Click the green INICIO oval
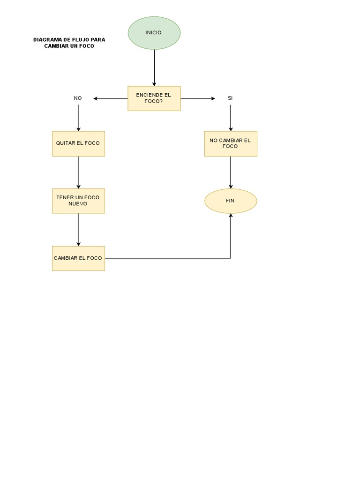click(154, 33)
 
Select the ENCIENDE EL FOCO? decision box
click(154, 98)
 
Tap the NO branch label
click(78, 98)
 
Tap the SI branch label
click(230, 98)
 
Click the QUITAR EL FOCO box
click(78, 143)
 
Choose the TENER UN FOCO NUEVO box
click(78, 201)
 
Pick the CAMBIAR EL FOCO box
click(78, 258)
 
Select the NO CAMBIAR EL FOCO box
click(231, 143)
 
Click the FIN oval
click(231, 201)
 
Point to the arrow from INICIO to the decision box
click(154, 67)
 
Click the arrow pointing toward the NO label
click(111, 99)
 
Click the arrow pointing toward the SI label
click(198, 99)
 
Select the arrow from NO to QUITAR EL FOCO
click(79, 118)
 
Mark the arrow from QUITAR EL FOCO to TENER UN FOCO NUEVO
click(79, 172)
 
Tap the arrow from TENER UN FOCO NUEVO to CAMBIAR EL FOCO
click(79, 230)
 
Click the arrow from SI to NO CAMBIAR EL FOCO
click(231, 118)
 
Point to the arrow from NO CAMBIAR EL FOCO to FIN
click(231, 172)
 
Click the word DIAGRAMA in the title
click(47, 40)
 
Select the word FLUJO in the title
click(82, 40)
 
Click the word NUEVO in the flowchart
click(78, 204)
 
